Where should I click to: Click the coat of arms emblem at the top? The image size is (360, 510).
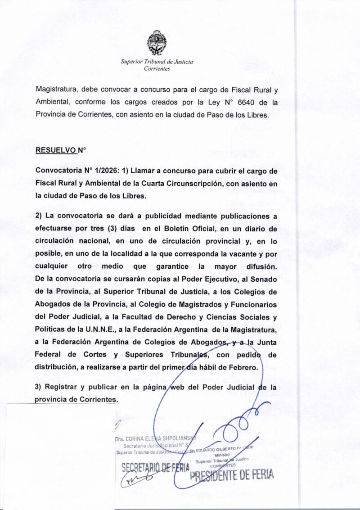tap(157, 42)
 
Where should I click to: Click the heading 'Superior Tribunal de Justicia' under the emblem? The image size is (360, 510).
tap(157, 62)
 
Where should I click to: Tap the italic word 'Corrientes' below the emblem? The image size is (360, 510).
tap(157, 68)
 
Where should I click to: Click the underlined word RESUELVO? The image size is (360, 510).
tap(56, 151)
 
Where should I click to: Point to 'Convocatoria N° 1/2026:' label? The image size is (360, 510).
tap(77, 172)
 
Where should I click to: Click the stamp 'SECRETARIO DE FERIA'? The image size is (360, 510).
tap(155, 468)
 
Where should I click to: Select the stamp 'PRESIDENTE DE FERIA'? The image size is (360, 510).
tap(232, 475)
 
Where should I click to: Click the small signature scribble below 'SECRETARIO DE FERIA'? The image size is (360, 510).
tap(131, 480)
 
